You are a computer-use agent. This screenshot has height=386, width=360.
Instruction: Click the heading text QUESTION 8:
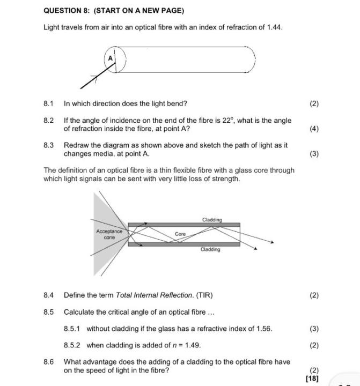click(x=68, y=11)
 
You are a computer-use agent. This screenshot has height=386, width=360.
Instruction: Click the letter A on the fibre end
click(x=111, y=57)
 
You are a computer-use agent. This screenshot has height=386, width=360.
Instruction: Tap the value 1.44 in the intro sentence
click(x=273, y=27)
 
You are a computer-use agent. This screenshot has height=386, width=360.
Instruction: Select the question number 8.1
click(x=49, y=103)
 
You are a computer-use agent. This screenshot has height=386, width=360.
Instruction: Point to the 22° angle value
click(x=228, y=121)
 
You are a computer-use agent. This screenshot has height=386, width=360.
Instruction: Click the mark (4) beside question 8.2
click(x=314, y=129)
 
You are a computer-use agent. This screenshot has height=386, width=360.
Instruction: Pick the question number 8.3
click(x=49, y=145)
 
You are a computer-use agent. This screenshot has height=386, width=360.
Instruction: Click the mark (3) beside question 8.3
click(x=314, y=154)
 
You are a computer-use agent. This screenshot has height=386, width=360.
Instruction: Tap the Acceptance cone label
click(x=109, y=234)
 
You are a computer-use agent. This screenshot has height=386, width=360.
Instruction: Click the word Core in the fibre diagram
click(x=180, y=234)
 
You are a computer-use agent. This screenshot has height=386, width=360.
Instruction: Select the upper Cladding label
click(x=212, y=220)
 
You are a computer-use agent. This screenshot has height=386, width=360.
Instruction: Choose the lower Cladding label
click(x=210, y=249)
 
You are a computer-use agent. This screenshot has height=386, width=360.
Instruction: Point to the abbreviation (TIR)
click(x=205, y=295)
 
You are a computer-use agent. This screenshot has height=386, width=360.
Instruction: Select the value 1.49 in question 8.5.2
click(x=192, y=345)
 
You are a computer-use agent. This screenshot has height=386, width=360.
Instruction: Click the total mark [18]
click(x=312, y=378)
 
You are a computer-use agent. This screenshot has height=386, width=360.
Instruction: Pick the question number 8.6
click(x=49, y=362)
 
